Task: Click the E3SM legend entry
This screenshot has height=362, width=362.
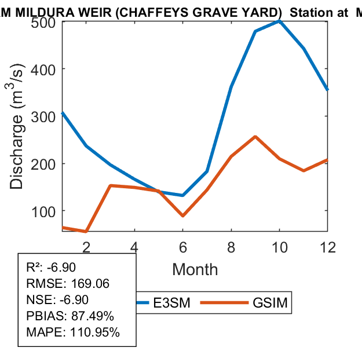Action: pyautogui.click(x=166, y=303)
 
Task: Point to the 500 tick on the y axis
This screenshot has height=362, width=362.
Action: pyautogui.click(x=43, y=21)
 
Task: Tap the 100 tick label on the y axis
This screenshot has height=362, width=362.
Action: pyautogui.click(x=43, y=211)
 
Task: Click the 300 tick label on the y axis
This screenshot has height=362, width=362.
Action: pyautogui.click(x=43, y=116)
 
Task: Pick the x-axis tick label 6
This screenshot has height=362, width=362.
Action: pyautogui.click(x=182, y=247)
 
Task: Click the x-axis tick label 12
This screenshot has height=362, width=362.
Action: pyautogui.click(x=327, y=247)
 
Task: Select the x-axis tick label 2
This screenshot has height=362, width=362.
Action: pyautogui.click(x=86, y=247)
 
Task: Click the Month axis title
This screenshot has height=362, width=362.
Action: pyautogui.click(x=195, y=269)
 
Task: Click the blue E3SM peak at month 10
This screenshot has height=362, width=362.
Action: pyautogui.click(x=279, y=21)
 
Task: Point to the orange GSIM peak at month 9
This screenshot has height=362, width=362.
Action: pyautogui.click(x=255, y=137)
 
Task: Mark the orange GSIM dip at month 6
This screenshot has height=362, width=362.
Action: pyautogui.click(x=182, y=215)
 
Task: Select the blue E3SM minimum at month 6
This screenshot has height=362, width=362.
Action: pyautogui.click(x=182, y=195)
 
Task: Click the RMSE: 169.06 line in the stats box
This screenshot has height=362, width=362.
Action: pyautogui.click(x=68, y=284)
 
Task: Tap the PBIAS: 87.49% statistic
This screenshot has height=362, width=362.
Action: pyautogui.click(x=70, y=316)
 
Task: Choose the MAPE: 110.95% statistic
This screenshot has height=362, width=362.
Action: pyautogui.click(x=73, y=332)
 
